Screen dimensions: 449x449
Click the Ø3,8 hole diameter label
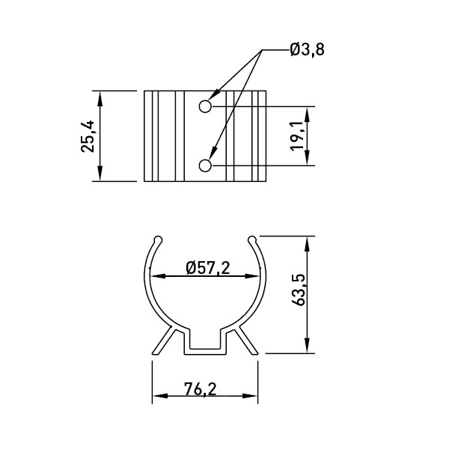[308, 49]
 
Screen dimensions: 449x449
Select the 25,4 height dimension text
[88, 136]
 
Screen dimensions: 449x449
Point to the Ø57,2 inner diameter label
[208, 269]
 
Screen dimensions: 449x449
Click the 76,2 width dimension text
[201, 389]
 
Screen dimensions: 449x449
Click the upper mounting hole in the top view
[205, 106]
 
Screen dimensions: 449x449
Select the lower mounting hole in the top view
[205, 166]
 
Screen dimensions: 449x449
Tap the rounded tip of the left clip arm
[158, 239]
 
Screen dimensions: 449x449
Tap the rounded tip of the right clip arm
[252, 239]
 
